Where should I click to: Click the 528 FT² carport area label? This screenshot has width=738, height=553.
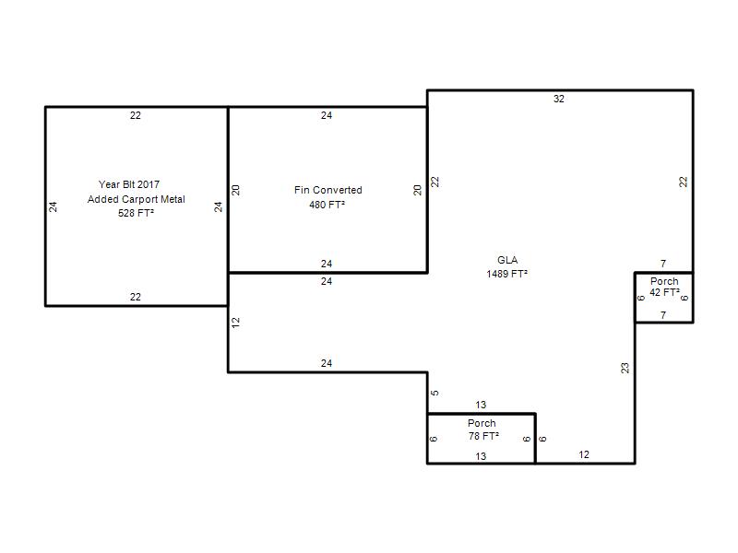click(136, 213)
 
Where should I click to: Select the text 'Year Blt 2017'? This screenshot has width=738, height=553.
click(129, 184)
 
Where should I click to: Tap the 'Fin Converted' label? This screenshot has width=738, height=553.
click(328, 190)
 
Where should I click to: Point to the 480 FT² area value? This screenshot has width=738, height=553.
click(327, 205)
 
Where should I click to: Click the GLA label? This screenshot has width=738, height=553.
click(507, 260)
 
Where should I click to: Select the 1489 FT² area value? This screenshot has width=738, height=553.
click(506, 274)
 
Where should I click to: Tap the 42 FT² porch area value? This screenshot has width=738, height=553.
click(664, 292)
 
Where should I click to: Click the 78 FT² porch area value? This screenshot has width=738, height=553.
click(483, 436)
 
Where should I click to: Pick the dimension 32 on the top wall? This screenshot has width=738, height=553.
click(559, 99)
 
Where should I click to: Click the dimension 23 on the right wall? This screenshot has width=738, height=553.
click(625, 368)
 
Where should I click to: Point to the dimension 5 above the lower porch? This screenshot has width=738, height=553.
click(434, 393)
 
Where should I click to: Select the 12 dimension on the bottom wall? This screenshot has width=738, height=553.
click(584, 454)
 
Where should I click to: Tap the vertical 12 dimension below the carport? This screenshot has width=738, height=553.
click(236, 323)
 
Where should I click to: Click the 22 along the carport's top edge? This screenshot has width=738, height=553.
click(136, 116)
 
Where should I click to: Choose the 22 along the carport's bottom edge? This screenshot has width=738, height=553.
click(136, 297)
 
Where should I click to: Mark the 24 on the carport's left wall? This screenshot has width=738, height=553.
click(54, 206)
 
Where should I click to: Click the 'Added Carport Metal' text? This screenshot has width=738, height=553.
click(136, 199)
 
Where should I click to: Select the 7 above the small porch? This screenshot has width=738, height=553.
click(663, 264)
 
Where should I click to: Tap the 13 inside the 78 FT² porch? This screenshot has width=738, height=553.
click(481, 456)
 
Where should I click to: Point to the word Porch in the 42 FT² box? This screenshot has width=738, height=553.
click(664, 281)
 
